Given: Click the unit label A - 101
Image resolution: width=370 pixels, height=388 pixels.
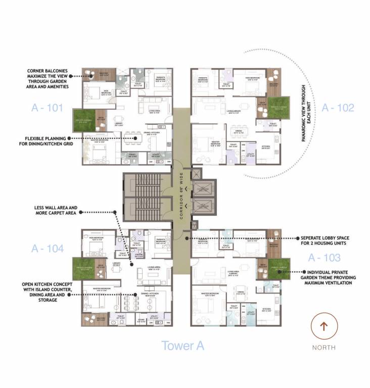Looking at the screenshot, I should point(48,107).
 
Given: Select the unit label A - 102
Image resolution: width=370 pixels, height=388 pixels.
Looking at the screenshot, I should point(338,107).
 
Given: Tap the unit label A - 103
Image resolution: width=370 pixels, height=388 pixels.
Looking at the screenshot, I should point(324,258).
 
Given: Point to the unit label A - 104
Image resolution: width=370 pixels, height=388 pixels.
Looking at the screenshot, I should point(48,248).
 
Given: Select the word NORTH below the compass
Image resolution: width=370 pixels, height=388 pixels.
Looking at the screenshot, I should point(324,348).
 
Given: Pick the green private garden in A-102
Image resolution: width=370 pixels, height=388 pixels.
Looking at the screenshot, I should point(279,107).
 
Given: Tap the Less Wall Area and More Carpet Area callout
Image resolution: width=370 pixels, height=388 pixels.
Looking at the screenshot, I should point(49,211).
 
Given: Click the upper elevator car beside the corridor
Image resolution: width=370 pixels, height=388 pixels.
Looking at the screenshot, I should point(204,190).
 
